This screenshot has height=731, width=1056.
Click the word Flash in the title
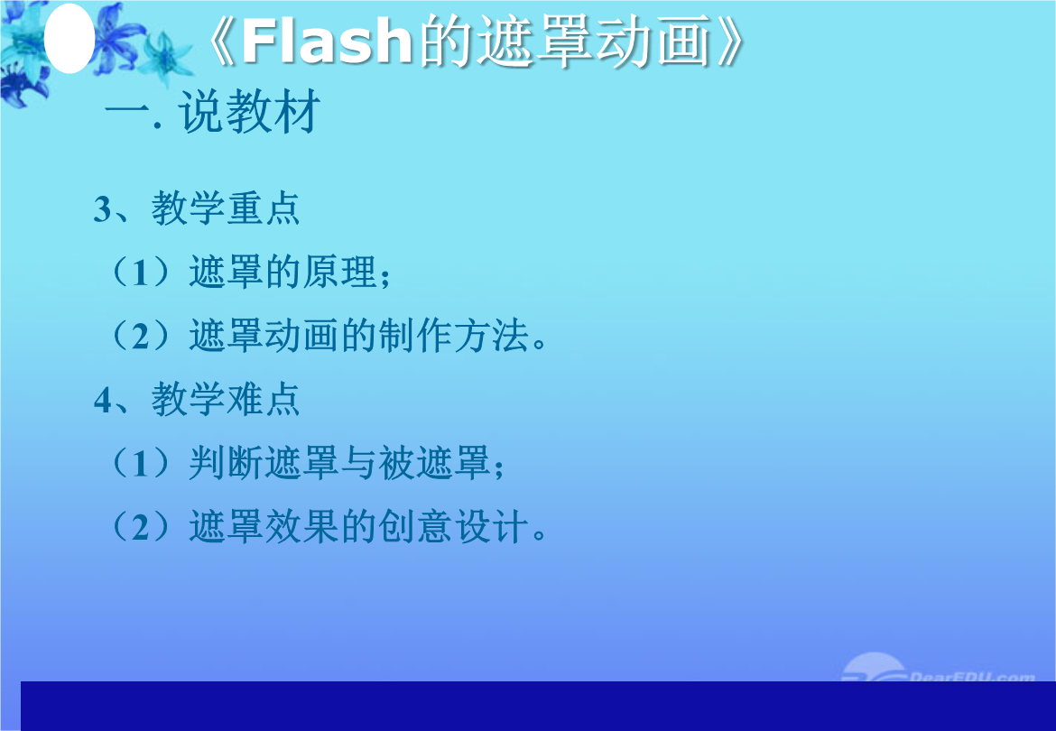pos(327,41)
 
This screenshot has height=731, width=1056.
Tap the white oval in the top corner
pos(69,39)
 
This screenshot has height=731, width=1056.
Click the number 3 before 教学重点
pos(102,208)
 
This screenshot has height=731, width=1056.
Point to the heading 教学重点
pos(225,208)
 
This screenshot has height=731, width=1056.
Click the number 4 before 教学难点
pos(103,400)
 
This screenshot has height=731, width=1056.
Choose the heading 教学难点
pos(225,399)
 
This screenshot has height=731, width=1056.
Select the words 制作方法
pos(453,335)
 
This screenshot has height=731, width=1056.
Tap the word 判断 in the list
pos(226,463)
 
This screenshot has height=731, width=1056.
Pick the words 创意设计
pos(453,526)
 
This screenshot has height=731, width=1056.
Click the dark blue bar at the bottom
pos(538,706)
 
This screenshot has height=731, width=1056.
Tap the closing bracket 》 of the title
pos(730,41)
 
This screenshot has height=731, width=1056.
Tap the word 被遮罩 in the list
pos(434,463)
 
